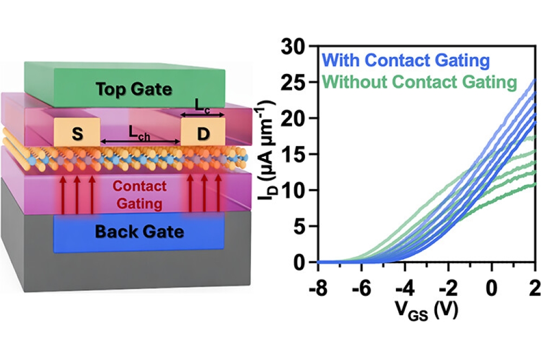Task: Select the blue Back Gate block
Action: click(x=140, y=232)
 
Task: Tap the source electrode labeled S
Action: click(x=77, y=134)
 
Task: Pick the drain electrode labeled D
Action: click(x=203, y=134)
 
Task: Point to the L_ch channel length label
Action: click(x=140, y=132)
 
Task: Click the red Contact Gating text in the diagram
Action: click(x=140, y=195)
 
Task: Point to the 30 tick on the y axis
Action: click(x=297, y=46)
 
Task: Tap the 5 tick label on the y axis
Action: click(x=302, y=226)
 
